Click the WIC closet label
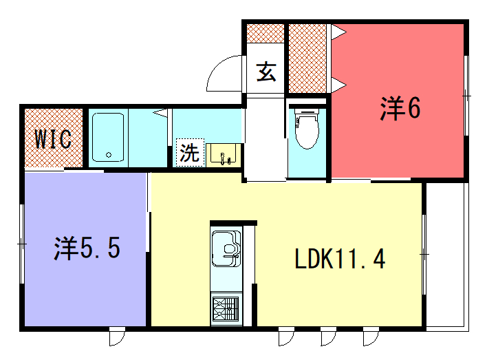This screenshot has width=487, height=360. [53, 139]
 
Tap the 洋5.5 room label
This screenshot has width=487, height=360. [87, 248]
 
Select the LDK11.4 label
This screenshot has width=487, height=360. [340, 259]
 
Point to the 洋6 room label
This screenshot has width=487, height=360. [400, 108]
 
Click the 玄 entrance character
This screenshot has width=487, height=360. [266, 72]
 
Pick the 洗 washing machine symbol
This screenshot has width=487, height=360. [190, 152]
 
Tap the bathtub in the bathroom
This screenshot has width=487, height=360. [108, 138]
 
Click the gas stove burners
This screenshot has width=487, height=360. [226, 308]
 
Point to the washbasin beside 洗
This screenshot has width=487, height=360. [224, 154]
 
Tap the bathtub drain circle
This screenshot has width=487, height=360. [109, 154]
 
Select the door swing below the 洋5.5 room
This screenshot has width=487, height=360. [117, 336]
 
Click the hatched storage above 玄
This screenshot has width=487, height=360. [266, 33]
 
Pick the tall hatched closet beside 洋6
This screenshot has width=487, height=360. [307, 59]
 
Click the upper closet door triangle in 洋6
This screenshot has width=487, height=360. [338, 32]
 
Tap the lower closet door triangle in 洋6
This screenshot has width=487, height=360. [338, 85]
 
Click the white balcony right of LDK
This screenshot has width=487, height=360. [447, 255]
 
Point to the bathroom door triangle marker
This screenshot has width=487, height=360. [161, 112]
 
